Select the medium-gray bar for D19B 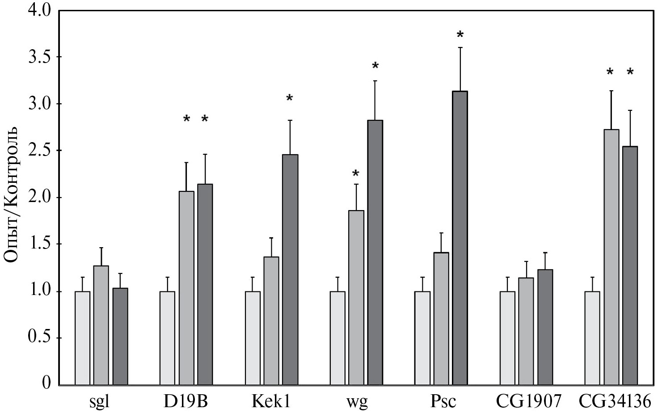(186, 288)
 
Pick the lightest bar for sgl (83, 338)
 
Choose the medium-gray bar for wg (356, 297)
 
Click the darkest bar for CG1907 (545, 327)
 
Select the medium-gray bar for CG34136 (611, 257)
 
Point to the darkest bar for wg (375, 253)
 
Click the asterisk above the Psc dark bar (460, 34)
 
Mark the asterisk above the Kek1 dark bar (290, 98)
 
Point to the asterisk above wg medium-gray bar (356, 173)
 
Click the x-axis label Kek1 (271, 401)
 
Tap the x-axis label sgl (99, 402)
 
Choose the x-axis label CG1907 (528, 401)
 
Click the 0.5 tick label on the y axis (39, 337)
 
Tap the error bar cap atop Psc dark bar (460, 47)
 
